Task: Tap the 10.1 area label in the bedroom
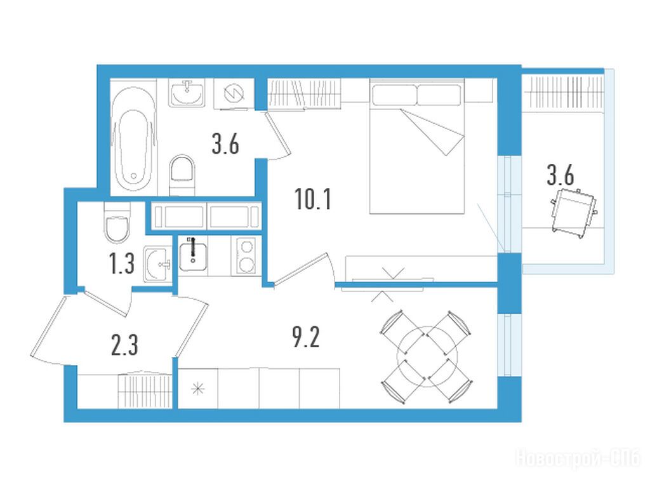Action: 313,199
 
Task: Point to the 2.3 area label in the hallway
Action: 124,345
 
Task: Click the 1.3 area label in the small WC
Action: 122,264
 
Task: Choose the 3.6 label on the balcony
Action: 560,175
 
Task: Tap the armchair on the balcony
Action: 574,213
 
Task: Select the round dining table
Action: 427,356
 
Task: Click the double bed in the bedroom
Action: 416,147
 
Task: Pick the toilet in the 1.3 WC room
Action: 117,223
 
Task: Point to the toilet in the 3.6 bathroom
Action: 182,175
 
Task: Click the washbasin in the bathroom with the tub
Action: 187,93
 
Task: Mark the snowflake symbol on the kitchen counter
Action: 198,389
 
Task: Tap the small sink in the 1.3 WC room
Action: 157,264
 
